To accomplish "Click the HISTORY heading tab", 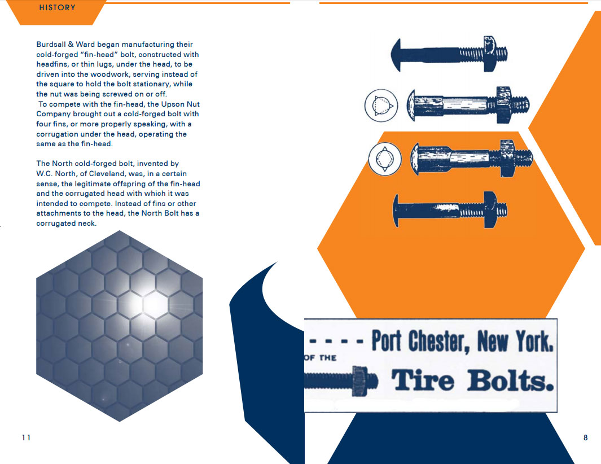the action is point(57,8).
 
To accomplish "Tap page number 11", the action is point(26,437).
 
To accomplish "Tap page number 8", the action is point(585,437).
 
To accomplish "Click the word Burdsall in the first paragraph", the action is point(51,45).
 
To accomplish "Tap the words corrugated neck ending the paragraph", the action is point(67,224).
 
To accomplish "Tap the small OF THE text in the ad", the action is point(321,358).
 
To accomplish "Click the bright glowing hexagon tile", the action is point(155,305).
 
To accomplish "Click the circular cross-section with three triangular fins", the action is point(381,105).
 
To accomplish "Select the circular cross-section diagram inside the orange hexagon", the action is point(385,159).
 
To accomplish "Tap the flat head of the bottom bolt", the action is point(396,210).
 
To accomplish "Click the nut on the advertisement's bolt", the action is point(360,381).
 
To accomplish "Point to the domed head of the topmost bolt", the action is point(396,55).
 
